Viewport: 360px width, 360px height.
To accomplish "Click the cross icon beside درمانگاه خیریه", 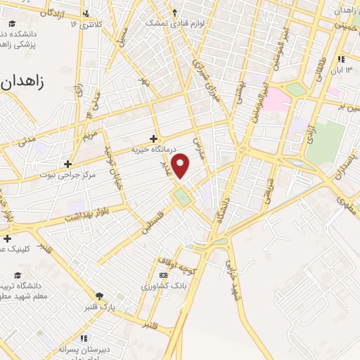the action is pos(154,138).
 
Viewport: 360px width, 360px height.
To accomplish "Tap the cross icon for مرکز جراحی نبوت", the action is pos(67,163).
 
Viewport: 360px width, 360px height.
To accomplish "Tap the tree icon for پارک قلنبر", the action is pos(99,296).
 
